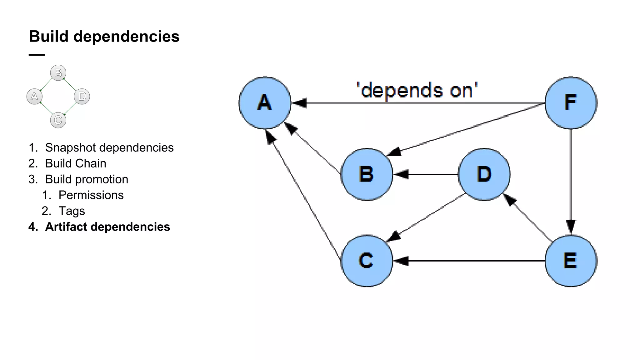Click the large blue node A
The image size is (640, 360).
click(x=265, y=102)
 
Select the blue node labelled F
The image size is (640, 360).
click(x=571, y=102)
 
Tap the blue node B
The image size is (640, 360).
click(x=367, y=174)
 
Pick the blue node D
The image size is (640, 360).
click(x=484, y=174)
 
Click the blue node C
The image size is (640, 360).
click(x=367, y=260)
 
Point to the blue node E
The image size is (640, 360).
click(x=571, y=260)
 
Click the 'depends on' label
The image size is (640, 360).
click(x=417, y=91)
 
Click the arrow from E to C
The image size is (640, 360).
click(x=469, y=260)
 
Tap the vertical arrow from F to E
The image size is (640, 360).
click(x=571, y=181)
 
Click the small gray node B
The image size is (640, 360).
click(x=58, y=73)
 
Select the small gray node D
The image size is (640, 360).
click(x=82, y=96)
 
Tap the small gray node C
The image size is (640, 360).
click(x=58, y=120)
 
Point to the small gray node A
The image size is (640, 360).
click(x=34, y=96)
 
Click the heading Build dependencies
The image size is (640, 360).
click(x=104, y=37)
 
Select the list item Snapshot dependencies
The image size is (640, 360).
click(x=109, y=147)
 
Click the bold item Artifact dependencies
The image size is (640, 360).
click(x=107, y=227)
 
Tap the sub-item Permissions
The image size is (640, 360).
click(x=91, y=195)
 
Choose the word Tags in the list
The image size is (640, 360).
click(x=72, y=211)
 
